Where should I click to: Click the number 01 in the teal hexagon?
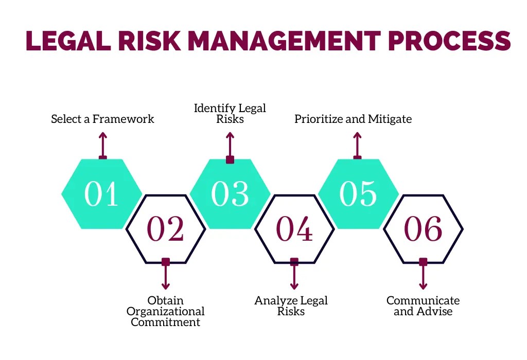101,194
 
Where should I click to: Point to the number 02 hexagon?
165,229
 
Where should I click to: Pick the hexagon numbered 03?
230,194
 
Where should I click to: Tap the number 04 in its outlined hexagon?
294,229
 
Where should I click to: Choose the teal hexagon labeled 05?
358,194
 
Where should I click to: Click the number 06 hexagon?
423,229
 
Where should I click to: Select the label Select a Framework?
102,119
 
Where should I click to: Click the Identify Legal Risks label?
230,114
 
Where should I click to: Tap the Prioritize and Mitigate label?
353,119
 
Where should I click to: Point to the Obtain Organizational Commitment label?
165,311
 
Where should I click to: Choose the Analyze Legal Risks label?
291,306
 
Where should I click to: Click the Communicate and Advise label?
423,306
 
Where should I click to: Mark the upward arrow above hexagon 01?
103,144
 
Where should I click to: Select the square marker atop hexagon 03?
230,160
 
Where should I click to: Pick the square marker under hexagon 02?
165,262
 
